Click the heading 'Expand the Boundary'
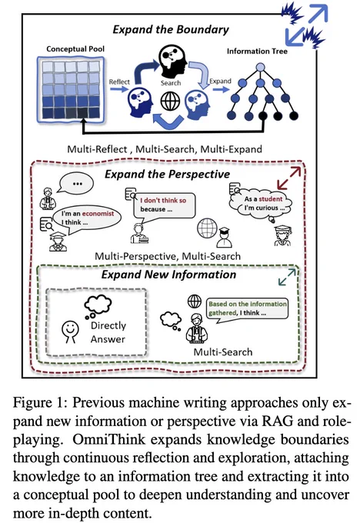[x=171, y=30]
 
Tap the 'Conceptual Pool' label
[x=75, y=49]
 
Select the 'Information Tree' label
[x=257, y=52]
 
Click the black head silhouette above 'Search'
[x=172, y=60]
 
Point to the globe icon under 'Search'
[x=170, y=101]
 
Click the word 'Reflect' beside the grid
[x=119, y=82]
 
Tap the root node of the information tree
[x=260, y=68]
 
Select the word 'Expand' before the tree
[x=220, y=81]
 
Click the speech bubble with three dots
[x=75, y=183]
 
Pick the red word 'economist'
[x=98, y=214]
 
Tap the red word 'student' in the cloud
[x=271, y=199]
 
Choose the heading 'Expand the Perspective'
[x=167, y=174]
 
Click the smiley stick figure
[x=71, y=331]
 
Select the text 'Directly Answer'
[x=108, y=332]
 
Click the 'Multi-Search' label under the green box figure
[x=223, y=352]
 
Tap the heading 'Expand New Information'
[x=168, y=275]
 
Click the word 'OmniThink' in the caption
[x=108, y=439]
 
